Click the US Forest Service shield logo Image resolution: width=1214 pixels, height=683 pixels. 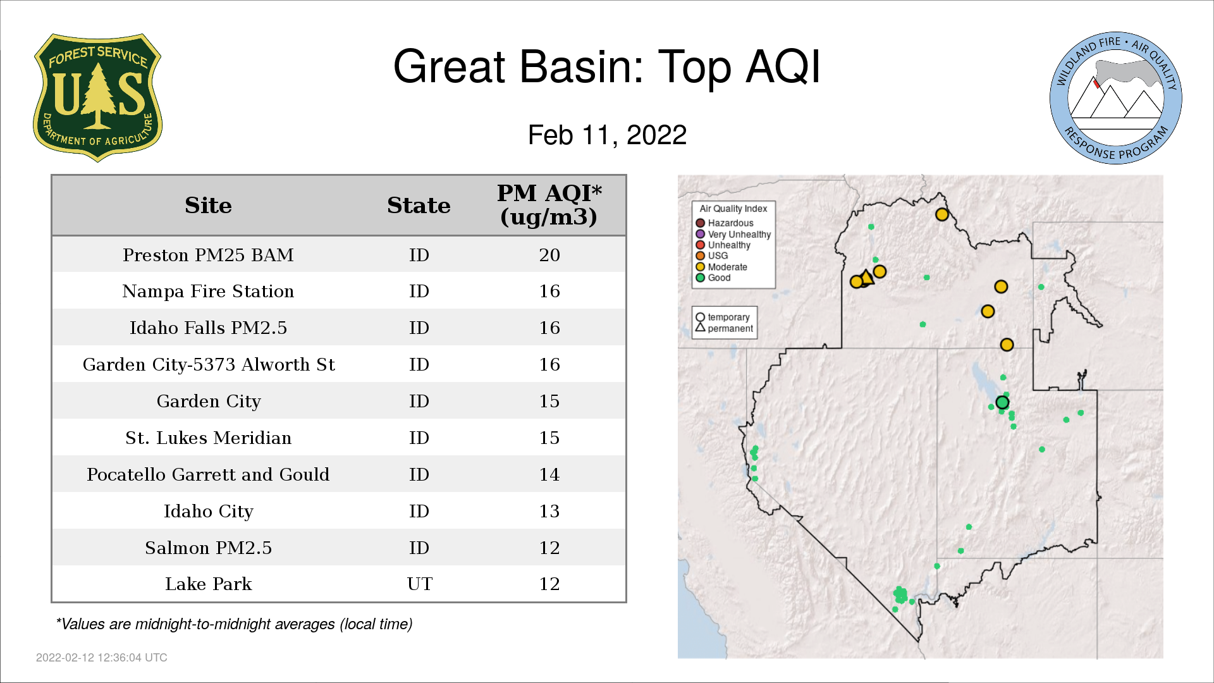tap(97, 97)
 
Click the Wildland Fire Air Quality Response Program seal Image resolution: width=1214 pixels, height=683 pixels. tap(1115, 98)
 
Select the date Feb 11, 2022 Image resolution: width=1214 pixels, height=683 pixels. tap(607, 135)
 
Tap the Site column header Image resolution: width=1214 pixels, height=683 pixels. tap(208, 206)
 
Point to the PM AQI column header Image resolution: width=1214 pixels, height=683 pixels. tap(549, 205)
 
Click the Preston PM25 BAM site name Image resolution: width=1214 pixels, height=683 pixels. tap(208, 255)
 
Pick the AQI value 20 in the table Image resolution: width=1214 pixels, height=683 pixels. tap(549, 255)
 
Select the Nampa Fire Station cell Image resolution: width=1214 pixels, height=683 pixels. tap(208, 291)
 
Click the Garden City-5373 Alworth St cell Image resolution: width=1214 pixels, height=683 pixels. tap(208, 364)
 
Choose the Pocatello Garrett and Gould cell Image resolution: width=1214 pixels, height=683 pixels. tap(208, 474)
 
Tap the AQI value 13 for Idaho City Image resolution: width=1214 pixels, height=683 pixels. tap(549, 511)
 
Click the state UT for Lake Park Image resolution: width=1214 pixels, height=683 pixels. tap(419, 584)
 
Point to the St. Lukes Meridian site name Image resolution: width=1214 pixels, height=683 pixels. tap(208, 438)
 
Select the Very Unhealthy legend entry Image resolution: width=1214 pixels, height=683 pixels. tap(733, 234)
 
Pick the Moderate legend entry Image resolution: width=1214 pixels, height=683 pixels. tap(721, 267)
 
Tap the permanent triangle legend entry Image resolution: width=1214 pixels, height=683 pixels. tap(725, 328)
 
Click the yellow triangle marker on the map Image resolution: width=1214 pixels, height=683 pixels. tap(867, 276)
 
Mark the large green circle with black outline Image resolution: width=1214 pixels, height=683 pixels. tap(1002, 402)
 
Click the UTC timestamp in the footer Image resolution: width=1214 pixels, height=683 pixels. tap(102, 658)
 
